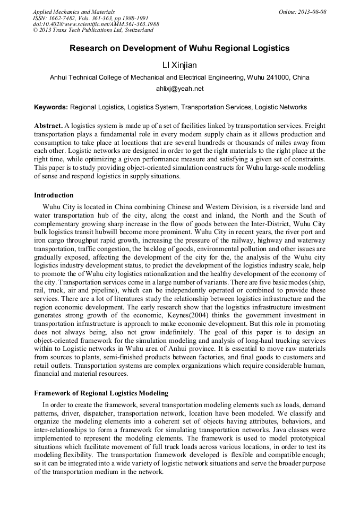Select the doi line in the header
click(96, 24)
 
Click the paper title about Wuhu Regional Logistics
click(179, 48)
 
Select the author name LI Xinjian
click(179, 65)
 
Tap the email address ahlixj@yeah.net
click(179, 89)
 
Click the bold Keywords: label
click(51, 107)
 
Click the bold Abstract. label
click(48, 126)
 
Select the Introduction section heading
click(54, 195)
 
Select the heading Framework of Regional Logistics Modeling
click(101, 393)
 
